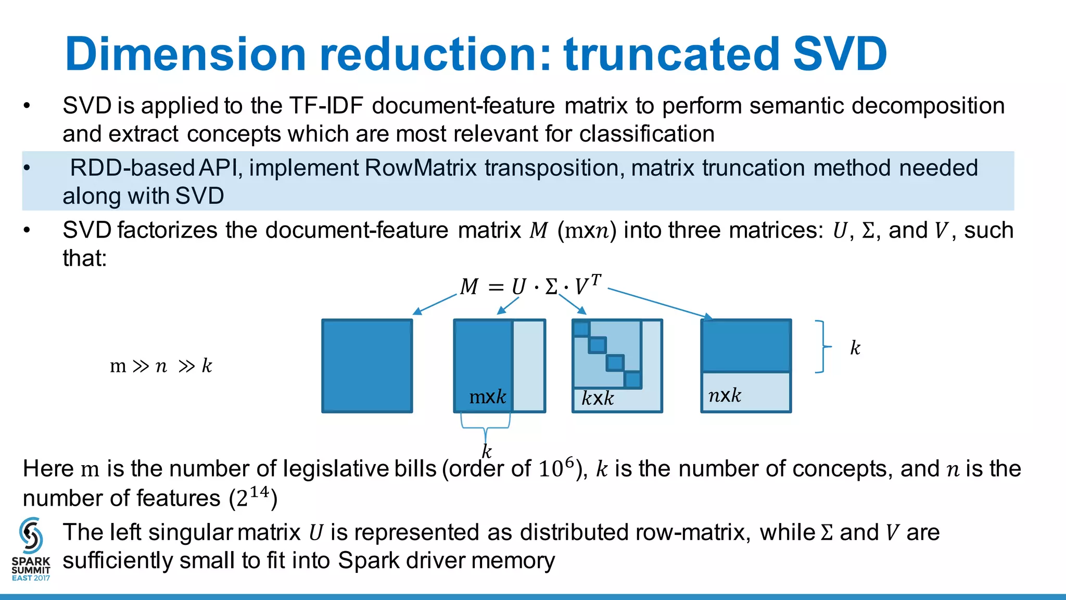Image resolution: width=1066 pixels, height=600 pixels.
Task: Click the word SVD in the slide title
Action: click(x=840, y=54)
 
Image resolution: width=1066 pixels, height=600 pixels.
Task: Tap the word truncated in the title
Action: click(x=672, y=54)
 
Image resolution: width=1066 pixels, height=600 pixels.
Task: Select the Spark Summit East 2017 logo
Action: click(x=31, y=549)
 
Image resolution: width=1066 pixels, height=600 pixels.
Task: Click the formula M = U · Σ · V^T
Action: click(x=530, y=286)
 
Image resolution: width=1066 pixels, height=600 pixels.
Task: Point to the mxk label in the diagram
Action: click(x=487, y=397)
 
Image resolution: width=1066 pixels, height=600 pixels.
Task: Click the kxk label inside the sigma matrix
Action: click(x=598, y=399)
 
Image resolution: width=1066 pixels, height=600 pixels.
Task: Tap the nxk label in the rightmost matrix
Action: click(x=725, y=396)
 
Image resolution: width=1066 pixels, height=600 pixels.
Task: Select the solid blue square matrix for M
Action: click(x=367, y=366)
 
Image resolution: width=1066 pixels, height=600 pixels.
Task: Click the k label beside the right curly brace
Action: click(x=855, y=348)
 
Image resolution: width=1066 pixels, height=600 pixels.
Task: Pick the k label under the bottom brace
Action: click(x=487, y=451)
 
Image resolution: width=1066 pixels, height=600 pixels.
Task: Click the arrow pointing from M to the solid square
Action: click(x=434, y=305)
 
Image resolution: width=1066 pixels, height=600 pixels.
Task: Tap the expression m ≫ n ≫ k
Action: click(x=161, y=366)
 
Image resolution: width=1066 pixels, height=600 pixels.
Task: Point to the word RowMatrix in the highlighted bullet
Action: click(x=421, y=168)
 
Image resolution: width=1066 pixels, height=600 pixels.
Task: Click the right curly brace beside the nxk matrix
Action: click(x=822, y=347)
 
